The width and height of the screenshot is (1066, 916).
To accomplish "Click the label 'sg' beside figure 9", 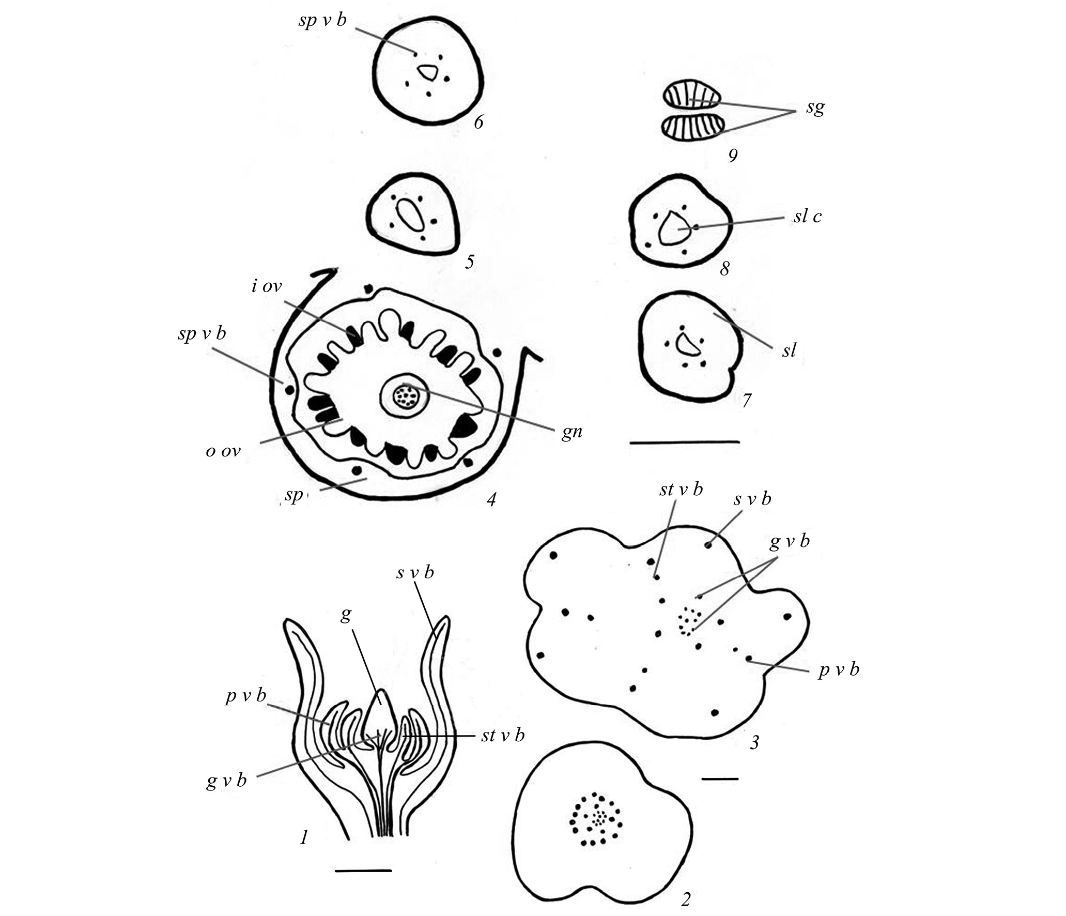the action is pyautogui.click(x=815, y=108).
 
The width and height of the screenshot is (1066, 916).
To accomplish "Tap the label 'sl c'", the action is pyautogui.click(x=808, y=216).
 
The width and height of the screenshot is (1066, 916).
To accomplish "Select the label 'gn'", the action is pyautogui.click(x=572, y=432).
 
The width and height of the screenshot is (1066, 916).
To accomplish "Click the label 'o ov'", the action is pyautogui.click(x=223, y=451).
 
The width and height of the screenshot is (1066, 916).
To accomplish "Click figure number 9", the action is pyautogui.click(x=732, y=155).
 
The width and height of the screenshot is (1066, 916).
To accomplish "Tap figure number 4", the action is pyautogui.click(x=491, y=499).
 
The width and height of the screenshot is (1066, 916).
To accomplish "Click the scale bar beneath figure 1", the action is pyautogui.click(x=363, y=871).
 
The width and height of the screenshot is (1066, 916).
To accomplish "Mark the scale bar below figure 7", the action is pyautogui.click(x=684, y=442).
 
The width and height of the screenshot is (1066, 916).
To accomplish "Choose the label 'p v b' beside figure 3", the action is pyautogui.click(x=839, y=669).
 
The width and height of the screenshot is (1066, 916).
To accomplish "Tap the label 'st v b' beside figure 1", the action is pyautogui.click(x=502, y=735).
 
